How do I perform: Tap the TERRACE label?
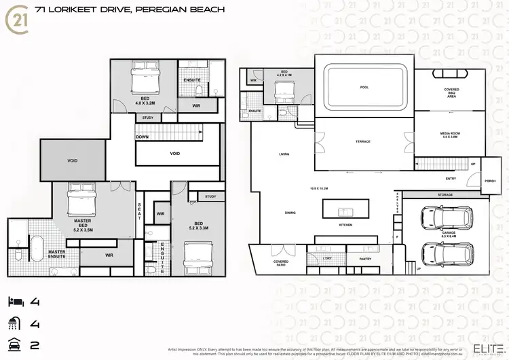coord(363,141)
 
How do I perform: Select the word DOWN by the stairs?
coord(143,137)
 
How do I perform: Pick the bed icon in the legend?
coord(16,300)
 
